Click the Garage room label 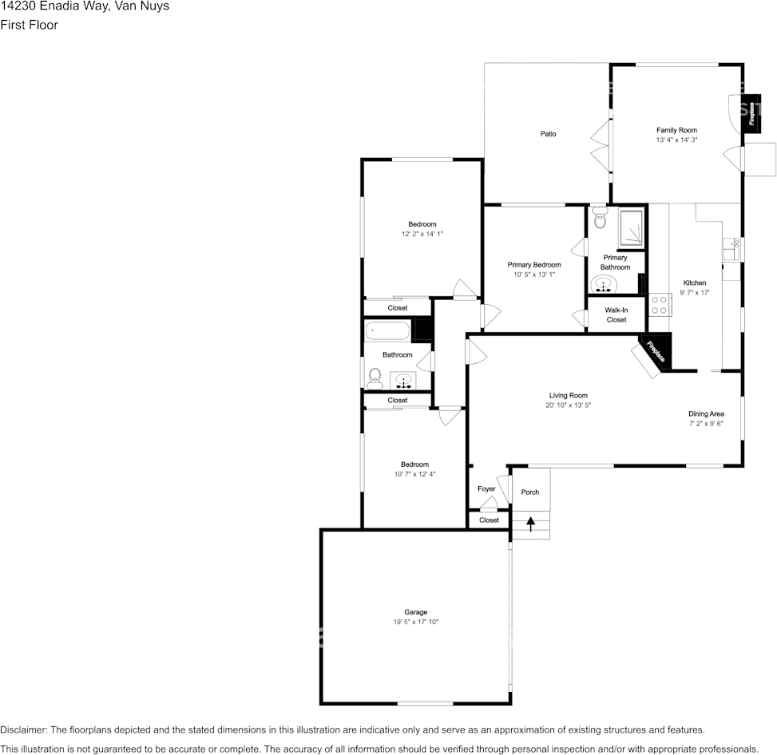(415, 612)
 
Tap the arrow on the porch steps (531, 524)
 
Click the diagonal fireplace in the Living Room (654, 352)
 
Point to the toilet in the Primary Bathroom (600, 218)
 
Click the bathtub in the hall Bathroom (387, 330)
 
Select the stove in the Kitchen (659, 304)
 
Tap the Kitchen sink (731, 251)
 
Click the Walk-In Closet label (616, 314)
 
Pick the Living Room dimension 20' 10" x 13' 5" (568, 405)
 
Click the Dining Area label (706, 413)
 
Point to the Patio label (548, 133)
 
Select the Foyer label (486, 488)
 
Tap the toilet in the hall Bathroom (375, 376)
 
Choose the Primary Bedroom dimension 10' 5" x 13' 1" (534, 275)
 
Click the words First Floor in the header (29, 25)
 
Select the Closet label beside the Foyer (489, 520)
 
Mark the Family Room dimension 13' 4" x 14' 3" (676, 140)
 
